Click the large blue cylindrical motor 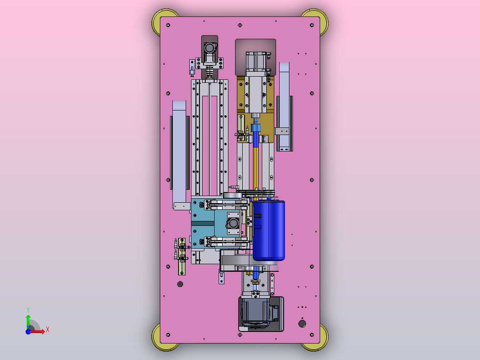269,230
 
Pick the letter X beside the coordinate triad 48,330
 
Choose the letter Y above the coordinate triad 28,310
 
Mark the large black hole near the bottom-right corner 302,323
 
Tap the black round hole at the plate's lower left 180,284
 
